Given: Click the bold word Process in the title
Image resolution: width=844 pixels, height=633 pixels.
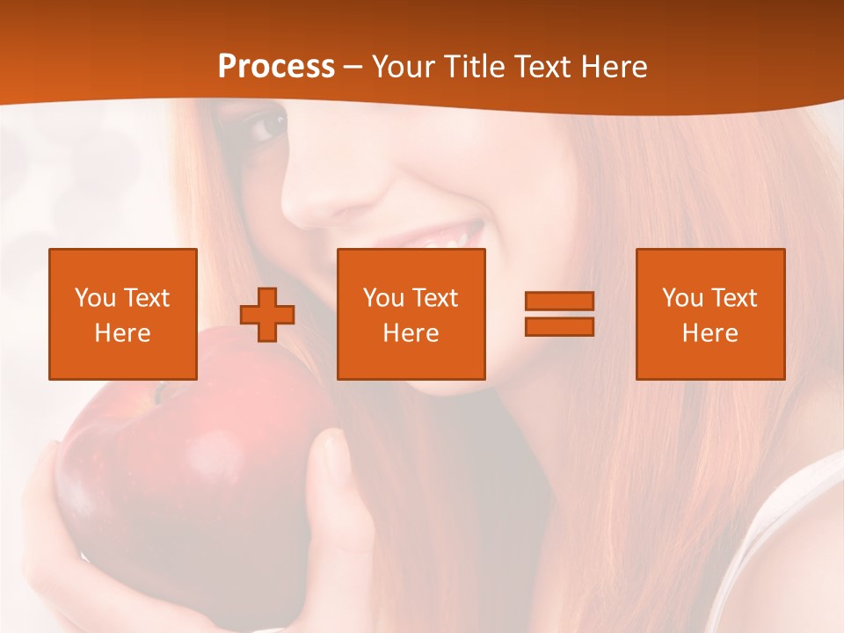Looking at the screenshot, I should coord(276,67).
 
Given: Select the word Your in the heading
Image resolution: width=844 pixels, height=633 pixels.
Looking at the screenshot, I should coord(404,67).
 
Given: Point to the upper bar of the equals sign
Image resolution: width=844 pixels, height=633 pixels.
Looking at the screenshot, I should coord(559,301).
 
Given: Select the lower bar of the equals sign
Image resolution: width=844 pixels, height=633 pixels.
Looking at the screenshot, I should coord(559,327).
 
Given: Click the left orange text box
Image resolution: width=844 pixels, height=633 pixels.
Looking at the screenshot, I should coord(123,314).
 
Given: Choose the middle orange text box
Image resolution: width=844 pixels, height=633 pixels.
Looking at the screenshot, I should coord(411,314).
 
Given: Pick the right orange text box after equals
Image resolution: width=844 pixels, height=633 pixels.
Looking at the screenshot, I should coord(710,314).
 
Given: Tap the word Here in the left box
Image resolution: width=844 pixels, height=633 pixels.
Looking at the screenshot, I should coord(122,333).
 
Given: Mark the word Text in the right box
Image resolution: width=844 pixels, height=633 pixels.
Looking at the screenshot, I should coord(735,298).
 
